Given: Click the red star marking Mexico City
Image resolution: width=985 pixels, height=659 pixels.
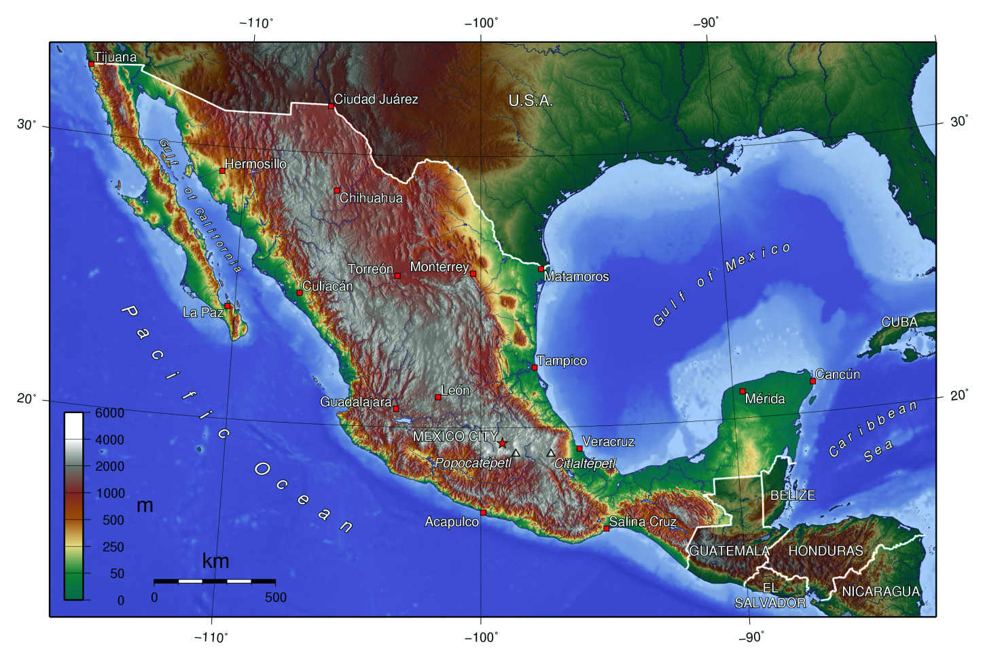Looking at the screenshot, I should [502, 443].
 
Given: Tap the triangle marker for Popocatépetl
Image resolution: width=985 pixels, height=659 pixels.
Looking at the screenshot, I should [516, 453].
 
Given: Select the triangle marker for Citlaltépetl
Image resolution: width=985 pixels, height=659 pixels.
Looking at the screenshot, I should [551, 453].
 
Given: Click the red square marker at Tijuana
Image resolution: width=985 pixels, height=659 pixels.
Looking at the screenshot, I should [91, 64].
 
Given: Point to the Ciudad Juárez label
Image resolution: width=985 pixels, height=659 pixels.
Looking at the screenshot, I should [376, 99].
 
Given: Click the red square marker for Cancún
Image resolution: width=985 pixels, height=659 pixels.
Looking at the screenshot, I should [812, 381].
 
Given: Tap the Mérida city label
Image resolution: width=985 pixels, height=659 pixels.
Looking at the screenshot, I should [765, 399].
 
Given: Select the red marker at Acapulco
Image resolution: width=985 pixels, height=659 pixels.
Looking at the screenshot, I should [483, 512].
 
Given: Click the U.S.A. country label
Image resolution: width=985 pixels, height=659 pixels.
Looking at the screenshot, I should [531, 101].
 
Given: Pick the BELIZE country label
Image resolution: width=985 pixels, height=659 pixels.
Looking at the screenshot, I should [792, 495].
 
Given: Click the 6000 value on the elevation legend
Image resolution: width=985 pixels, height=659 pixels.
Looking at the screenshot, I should [109, 413].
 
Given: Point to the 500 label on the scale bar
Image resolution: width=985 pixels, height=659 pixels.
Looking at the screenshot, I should [275, 597].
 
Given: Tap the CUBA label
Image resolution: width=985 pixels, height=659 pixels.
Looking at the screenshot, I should [899, 322].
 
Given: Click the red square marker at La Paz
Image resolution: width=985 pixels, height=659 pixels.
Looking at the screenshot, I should [228, 306].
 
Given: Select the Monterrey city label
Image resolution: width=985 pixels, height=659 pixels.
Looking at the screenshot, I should [439, 267].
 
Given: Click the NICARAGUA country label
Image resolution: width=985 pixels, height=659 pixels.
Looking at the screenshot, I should [880, 592].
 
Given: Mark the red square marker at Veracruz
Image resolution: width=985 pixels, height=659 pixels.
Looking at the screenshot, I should [579, 448].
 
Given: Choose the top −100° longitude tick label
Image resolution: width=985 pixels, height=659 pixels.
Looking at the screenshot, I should [481, 23].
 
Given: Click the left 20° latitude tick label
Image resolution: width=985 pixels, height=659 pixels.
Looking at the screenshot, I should [26, 398].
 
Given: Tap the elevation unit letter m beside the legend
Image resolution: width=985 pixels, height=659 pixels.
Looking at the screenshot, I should [145, 505].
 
